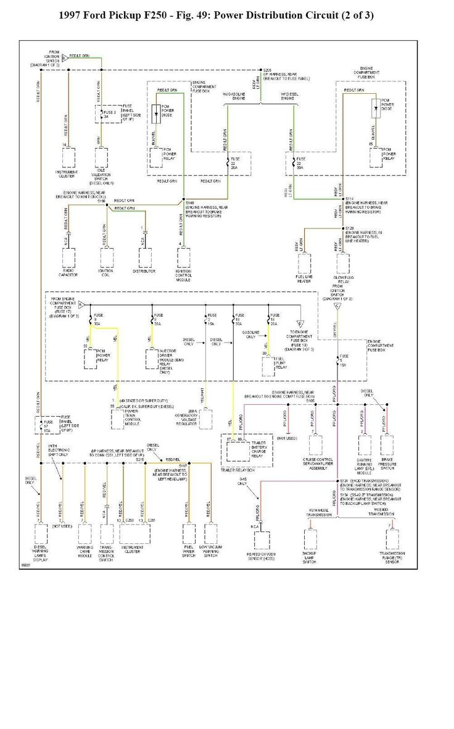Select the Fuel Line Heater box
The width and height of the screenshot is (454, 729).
tap(305, 264)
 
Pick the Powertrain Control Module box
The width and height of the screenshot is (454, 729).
tap(119, 419)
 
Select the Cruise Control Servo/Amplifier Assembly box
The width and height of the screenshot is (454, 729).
tap(315, 444)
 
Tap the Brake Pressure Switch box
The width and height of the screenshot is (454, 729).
tap(387, 444)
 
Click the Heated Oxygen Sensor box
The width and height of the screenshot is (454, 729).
tap(262, 540)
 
